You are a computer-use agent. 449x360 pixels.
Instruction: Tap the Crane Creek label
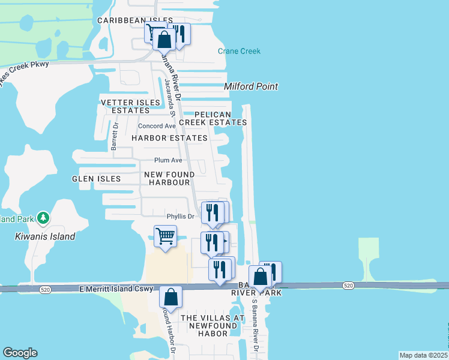point(239,52)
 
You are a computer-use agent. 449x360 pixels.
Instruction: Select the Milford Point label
point(251,86)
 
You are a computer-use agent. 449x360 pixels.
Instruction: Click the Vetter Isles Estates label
point(130,106)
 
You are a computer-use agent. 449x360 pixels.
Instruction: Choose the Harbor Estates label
point(169,138)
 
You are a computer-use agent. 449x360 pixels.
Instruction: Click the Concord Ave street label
point(157,126)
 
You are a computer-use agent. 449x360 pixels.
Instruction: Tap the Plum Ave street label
point(168,160)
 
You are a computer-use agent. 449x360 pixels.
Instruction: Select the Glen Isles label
point(96,179)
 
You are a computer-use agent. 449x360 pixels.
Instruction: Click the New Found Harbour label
point(169,178)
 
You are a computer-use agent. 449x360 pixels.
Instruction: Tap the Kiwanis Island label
point(45,236)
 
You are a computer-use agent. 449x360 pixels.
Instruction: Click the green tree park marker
point(43,219)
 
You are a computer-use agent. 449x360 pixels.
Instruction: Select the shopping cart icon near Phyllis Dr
point(165,235)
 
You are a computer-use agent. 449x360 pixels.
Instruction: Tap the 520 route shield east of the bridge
point(348,285)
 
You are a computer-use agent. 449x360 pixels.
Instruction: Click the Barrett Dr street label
point(115,136)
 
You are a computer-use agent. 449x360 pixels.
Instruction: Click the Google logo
point(20,353)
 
